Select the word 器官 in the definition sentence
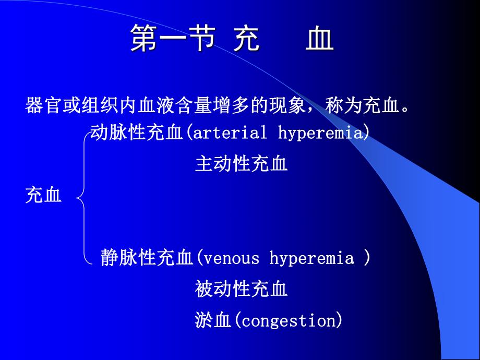[x=42, y=106]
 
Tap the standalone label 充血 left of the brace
[x=43, y=196]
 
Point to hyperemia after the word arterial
[x=320, y=133]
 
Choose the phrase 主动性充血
[x=241, y=164]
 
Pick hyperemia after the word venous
[x=311, y=258]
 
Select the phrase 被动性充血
[x=241, y=289]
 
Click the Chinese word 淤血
[x=212, y=320]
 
